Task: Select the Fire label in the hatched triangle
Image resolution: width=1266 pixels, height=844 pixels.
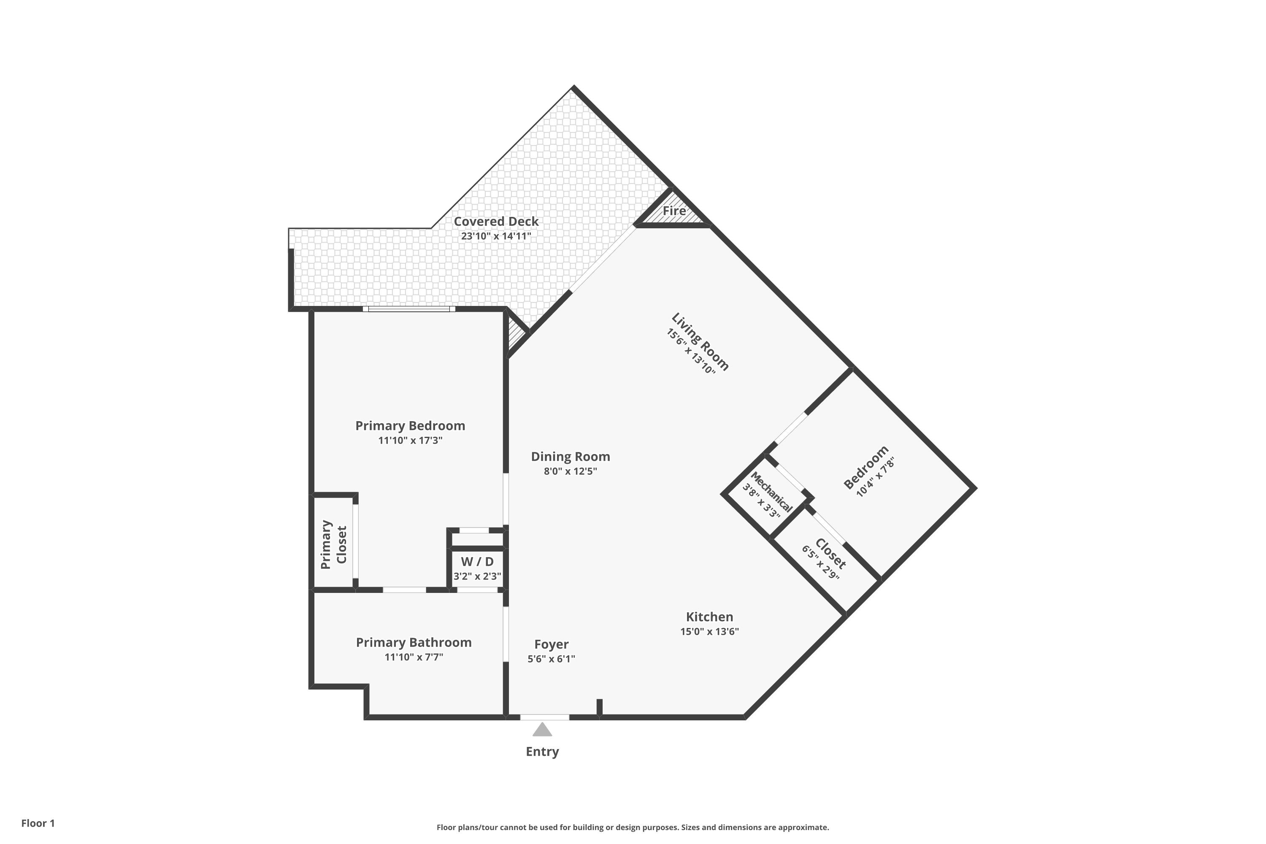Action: click(674, 211)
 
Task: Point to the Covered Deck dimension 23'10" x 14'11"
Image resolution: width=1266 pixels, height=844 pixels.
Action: click(496, 236)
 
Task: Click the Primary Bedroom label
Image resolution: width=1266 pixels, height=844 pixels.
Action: click(410, 426)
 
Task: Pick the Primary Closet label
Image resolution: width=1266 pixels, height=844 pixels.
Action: click(333, 544)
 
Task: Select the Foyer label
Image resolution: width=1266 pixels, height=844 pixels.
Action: click(551, 644)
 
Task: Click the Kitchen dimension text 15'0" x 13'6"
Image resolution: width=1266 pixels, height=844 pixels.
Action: click(709, 631)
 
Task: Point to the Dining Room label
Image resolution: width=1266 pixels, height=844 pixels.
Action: click(571, 457)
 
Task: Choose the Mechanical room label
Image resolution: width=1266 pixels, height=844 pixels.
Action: click(771, 492)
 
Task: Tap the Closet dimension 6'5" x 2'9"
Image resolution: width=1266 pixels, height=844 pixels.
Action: click(820, 563)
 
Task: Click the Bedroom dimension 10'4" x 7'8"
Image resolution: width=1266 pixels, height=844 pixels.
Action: click(875, 477)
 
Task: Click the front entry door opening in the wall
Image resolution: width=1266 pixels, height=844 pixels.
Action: click(545, 717)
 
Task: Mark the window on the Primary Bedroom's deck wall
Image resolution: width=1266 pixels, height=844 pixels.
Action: click(409, 309)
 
